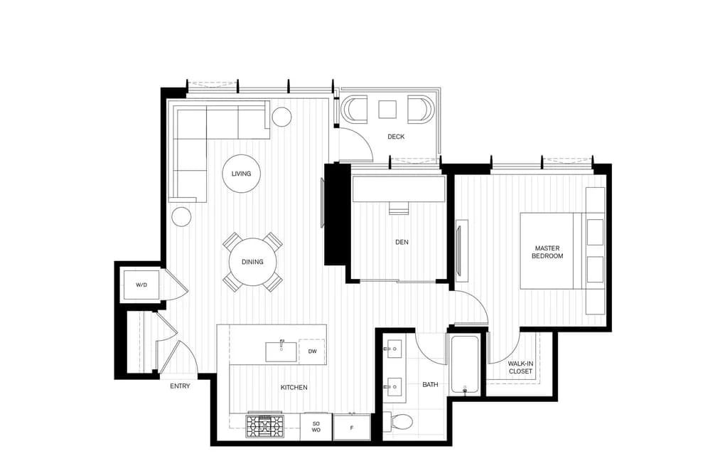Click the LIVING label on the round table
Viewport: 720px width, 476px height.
[x=241, y=174]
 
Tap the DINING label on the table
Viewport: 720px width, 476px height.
[x=252, y=262]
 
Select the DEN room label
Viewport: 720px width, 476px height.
[x=402, y=242]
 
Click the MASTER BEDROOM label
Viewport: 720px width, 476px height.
[x=547, y=253]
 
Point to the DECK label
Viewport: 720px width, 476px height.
[x=396, y=137]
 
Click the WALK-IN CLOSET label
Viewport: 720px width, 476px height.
[x=521, y=368]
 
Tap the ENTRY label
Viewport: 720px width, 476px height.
[x=180, y=386]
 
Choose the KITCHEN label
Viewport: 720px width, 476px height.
[x=294, y=387]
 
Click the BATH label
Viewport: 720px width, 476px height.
[x=430, y=384]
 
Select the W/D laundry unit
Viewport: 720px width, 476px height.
[x=141, y=285]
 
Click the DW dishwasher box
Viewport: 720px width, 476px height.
[x=312, y=351]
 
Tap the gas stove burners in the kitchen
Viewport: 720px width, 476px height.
[x=265, y=426]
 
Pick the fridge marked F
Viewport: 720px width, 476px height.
[x=352, y=428]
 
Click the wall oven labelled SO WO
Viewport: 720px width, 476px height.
[x=316, y=427]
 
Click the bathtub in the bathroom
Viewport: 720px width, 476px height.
[x=465, y=364]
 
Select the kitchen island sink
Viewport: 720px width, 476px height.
[x=281, y=351]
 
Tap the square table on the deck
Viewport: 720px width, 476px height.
[x=387, y=110]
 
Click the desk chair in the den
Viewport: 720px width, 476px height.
[x=399, y=208]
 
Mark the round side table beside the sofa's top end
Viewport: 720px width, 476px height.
[x=281, y=117]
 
